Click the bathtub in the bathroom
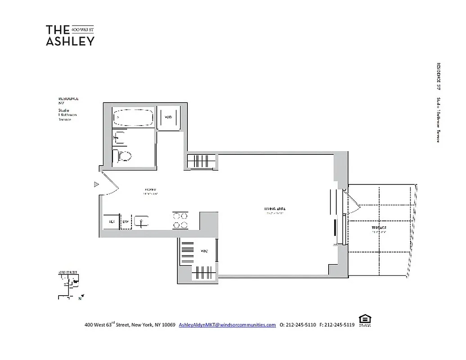pos(133,119)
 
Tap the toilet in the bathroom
pos(123,156)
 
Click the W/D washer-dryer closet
pos(168,118)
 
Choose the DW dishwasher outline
pos(126,221)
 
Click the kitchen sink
pos(142,221)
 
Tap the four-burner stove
pos(180,220)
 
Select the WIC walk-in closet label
pos(204,251)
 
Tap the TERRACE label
pos(379,228)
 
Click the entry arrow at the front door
pos(96,184)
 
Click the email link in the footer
pos(227,325)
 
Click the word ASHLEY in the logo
pos(70,41)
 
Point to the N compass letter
pos(80,298)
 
